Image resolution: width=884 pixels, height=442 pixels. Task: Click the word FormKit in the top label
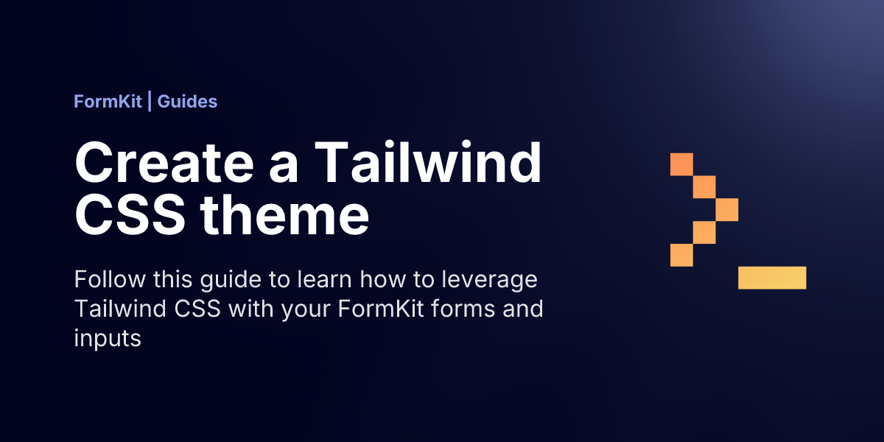click(x=108, y=102)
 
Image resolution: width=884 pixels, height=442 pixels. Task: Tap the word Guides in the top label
click(x=187, y=102)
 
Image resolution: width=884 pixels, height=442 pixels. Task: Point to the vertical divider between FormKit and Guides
click(x=150, y=101)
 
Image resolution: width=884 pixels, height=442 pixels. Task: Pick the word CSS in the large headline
click(x=130, y=216)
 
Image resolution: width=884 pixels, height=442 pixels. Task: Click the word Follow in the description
click(x=110, y=279)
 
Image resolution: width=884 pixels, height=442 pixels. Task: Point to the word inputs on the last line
click(x=108, y=340)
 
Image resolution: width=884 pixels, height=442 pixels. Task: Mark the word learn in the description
click(x=324, y=279)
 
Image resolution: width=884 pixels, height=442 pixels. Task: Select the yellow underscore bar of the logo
click(x=772, y=278)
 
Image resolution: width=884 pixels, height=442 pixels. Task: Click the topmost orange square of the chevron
click(x=681, y=164)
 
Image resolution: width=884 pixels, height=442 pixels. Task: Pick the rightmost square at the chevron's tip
click(x=727, y=209)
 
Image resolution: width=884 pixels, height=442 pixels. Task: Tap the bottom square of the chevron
click(x=681, y=255)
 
